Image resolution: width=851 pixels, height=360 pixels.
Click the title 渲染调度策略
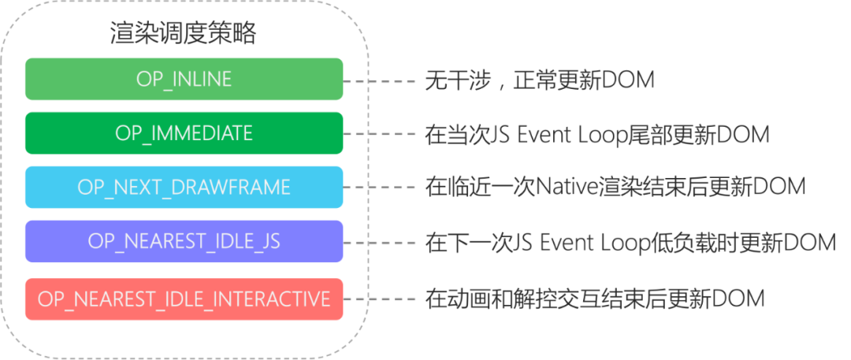pos(184,34)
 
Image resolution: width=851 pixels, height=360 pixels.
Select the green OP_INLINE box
pos(184,79)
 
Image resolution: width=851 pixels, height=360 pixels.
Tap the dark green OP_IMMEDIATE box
pos(184,133)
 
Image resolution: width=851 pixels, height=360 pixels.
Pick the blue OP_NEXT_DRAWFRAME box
pos(184,187)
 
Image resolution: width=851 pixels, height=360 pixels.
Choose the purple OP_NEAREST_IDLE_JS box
pos(184,241)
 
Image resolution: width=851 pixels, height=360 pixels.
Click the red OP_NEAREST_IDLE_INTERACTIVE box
pos(184,299)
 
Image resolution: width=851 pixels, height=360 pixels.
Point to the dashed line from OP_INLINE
pos(379,81)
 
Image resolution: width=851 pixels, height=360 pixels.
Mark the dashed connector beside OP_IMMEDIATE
pos(379,134)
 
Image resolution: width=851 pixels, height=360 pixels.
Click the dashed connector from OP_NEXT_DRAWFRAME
pos(379,187)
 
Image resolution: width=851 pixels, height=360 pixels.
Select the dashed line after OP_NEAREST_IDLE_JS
pos(379,242)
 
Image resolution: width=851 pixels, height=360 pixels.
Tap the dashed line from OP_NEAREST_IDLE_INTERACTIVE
pos(379,299)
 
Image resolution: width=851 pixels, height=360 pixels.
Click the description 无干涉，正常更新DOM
pos(540,80)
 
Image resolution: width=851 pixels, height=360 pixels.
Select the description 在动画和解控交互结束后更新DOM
pos(595,298)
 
